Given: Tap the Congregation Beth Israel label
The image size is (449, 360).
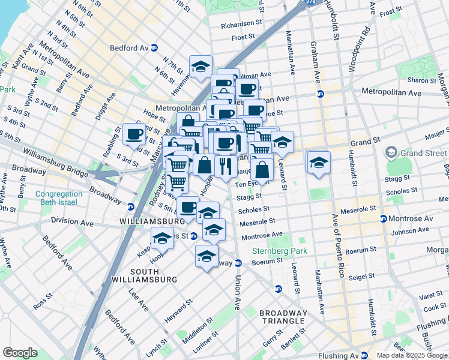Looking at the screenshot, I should coord(58,199).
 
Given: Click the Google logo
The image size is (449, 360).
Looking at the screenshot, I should coord(20,353).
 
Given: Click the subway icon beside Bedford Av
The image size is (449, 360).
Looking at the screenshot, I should coord(154,47).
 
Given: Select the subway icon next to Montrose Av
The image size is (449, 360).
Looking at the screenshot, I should coord(384,218).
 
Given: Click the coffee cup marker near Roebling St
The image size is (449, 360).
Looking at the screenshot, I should coord(134,134).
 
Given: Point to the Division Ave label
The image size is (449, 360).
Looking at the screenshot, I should coord(73,223).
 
